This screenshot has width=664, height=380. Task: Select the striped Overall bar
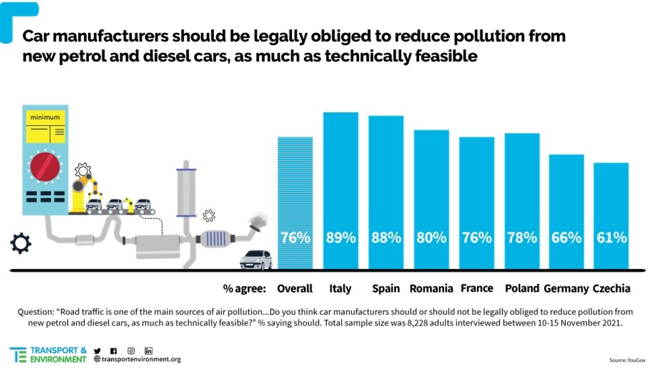[295, 202]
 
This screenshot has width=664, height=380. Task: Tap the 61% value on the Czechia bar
[611, 237]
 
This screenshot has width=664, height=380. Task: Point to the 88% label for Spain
[385, 237]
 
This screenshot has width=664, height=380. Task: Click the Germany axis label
[566, 289]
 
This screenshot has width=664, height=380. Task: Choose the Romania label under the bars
[431, 289]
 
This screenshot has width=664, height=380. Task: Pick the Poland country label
[522, 289]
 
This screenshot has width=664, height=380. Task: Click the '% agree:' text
[245, 289]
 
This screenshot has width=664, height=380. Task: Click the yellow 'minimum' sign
[45, 126]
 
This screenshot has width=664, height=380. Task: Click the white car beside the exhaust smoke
[256, 260]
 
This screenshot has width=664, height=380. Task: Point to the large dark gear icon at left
[21, 243]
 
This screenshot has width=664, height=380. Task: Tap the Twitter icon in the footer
[98, 351]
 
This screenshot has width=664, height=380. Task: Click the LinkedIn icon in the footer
[149, 351]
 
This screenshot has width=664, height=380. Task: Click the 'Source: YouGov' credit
[627, 360]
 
